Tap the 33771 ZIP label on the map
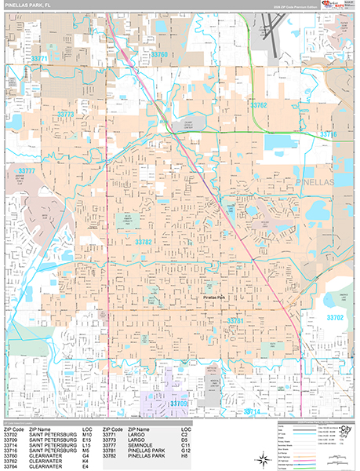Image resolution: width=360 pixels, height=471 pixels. pos(39,59)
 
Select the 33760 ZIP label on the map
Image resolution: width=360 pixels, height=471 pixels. pos(158,54)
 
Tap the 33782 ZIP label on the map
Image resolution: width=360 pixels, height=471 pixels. pos(143,243)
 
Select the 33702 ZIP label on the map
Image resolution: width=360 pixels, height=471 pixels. pos(334,317)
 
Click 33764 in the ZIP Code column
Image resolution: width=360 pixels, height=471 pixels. pos(11,465)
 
